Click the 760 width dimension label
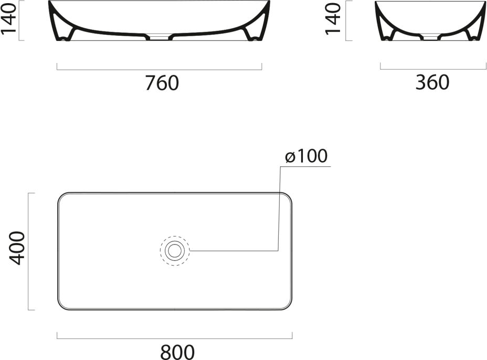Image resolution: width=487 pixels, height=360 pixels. click(162, 82)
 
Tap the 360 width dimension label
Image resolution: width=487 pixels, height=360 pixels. click(432, 82)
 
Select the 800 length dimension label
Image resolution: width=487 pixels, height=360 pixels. click(177, 352)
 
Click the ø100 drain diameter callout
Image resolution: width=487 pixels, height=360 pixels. click(306, 156)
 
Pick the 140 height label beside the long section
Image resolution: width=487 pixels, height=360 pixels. click(8, 18)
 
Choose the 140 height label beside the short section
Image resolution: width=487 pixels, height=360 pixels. click(333, 18)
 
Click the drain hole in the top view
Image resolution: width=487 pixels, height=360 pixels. click(175, 250)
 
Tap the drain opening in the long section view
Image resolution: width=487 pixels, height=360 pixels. click(159, 38)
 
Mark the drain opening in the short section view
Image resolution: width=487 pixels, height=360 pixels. click(430, 38)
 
